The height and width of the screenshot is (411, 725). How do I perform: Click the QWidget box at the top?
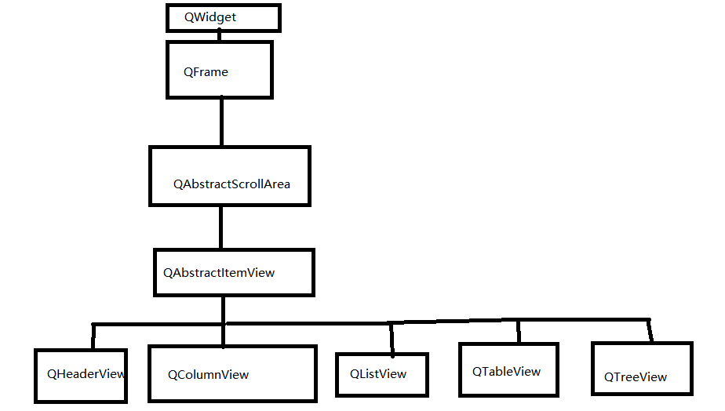point(223,17)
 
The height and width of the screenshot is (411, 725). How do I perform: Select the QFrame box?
point(220,71)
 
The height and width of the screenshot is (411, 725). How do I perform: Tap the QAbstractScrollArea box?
point(230,176)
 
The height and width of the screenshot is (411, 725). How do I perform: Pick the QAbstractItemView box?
point(234,272)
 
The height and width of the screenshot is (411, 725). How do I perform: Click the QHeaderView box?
point(81,376)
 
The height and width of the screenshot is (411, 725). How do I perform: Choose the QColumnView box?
point(232,374)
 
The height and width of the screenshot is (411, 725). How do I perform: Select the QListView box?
point(382,374)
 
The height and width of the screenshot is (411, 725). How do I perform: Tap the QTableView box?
point(508,370)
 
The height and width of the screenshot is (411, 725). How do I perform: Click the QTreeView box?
point(642,368)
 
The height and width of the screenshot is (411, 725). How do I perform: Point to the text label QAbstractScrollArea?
point(231,184)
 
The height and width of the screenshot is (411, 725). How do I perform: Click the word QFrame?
point(206,72)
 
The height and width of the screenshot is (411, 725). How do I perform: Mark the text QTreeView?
point(636,377)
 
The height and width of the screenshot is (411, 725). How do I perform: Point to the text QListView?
point(378,374)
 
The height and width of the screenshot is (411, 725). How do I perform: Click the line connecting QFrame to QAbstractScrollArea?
point(222,122)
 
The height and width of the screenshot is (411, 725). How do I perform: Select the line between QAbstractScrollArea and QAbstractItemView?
point(221,227)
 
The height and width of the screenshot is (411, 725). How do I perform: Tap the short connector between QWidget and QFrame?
point(220,36)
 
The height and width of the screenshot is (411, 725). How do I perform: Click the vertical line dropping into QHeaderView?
point(93,336)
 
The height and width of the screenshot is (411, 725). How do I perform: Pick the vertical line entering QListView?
point(392,338)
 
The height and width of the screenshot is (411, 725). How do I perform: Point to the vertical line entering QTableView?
point(518,331)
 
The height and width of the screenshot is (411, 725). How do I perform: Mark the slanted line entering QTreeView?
point(650,330)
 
